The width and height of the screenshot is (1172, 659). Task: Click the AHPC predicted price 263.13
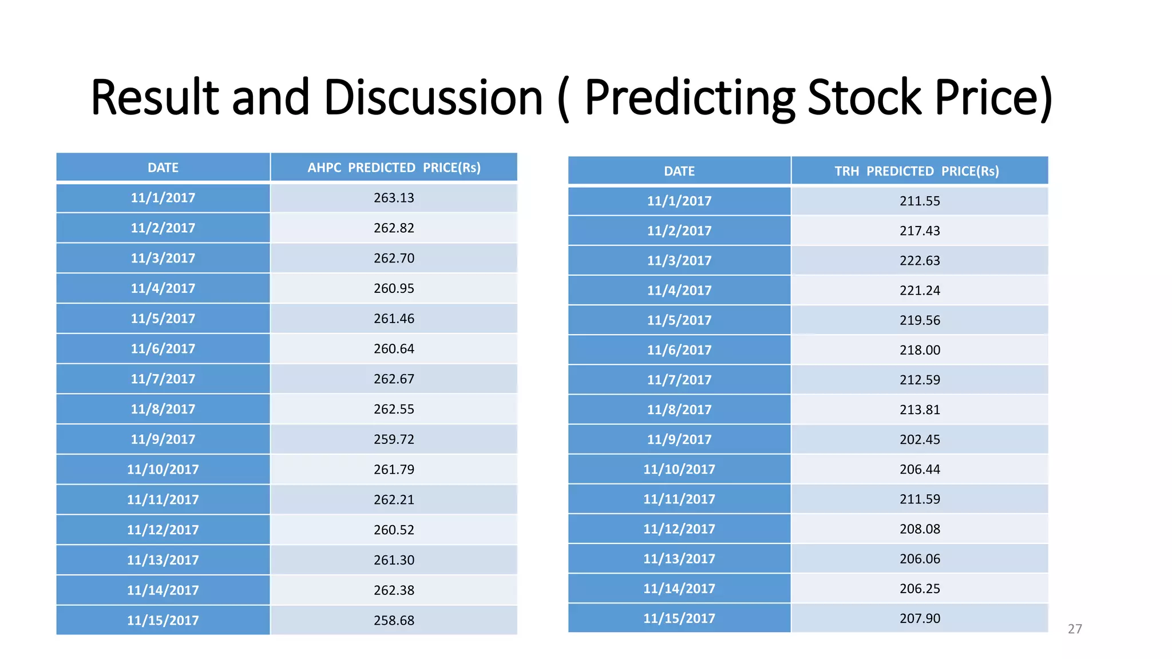(394, 198)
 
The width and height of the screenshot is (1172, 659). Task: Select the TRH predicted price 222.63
(920, 261)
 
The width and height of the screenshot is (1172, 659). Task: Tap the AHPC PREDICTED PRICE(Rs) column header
(394, 168)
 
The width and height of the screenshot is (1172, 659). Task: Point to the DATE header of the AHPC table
(163, 168)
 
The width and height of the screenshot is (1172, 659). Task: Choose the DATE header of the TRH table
(679, 171)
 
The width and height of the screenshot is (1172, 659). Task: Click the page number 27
(1075, 629)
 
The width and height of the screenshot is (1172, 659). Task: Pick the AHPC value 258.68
(394, 621)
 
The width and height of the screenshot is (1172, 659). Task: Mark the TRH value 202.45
(920, 440)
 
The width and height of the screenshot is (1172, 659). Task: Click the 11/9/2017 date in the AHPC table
(163, 439)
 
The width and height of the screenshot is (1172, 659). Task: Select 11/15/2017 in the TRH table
(679, 618)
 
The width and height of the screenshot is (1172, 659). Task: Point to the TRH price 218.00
(920, 350)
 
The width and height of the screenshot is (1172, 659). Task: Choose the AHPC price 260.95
(394, 289)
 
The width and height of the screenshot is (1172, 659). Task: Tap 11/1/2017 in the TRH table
(679, 201)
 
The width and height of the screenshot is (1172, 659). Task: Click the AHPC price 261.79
(394, 470)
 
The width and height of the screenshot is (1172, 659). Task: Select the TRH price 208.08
(920, 529)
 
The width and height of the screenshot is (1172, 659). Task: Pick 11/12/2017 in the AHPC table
(163, 530)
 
